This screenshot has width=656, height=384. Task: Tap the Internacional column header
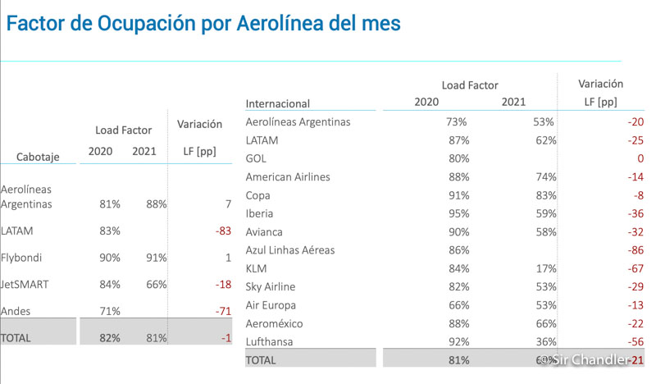click(x=278, y=103)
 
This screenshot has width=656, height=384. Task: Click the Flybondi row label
click(x=23, y=257)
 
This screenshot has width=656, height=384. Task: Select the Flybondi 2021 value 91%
click(x=155, y=257)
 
